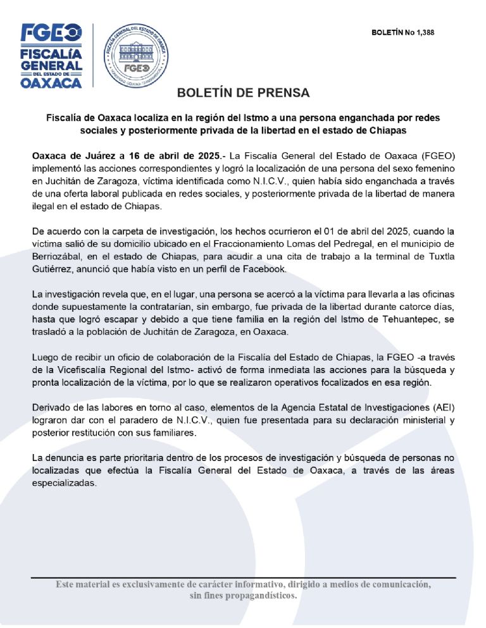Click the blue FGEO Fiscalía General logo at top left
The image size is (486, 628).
click(x=51, y=55)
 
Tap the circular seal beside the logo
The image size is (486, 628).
click(x=135, y=55)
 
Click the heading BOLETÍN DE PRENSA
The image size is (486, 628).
click(x=243, y=93)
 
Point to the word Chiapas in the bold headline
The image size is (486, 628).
click(x=387, y=130)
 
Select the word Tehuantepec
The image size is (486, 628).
click(x=405, y=321)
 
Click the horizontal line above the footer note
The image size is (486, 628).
click(x=243, y=577)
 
